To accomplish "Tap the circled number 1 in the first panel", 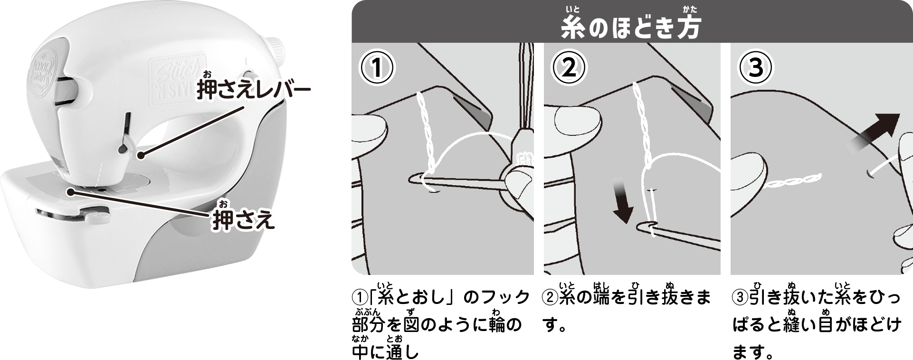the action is coord(377,68).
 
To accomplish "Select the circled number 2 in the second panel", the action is coord(569,68).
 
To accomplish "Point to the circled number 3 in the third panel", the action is coord(756,68).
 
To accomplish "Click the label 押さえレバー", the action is coord(254,91).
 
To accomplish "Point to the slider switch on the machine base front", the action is coord(90,214).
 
